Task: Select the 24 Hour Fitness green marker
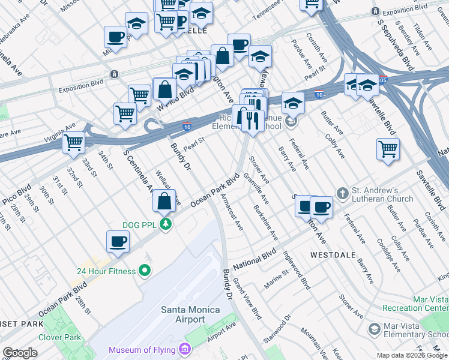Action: tap(144, 271)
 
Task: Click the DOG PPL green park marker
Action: tap(165, 224)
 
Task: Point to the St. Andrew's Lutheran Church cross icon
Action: tap(342, 193)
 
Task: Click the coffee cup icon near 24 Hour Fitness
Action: tap(118, 241)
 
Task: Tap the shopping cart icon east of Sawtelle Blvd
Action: tap(388, 148)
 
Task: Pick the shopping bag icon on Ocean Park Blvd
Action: tap(164, 201)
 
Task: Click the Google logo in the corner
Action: tap(20, 353)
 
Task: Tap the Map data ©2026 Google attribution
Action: tap(411, 355)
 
